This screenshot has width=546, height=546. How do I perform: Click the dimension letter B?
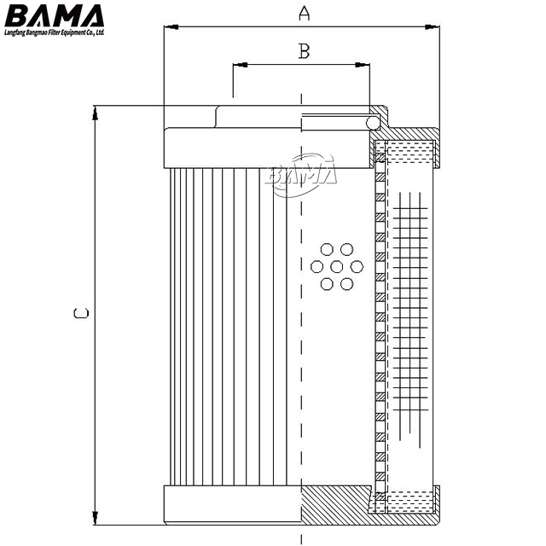[x=303, y=51]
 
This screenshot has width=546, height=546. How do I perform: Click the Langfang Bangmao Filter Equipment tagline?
[x=53, y=32]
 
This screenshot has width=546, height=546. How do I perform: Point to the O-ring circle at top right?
[x=373, y=124]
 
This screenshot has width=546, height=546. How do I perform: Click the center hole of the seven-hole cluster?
[x=336, y=266]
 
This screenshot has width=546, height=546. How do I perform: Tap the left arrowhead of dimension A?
[x=169, y=28]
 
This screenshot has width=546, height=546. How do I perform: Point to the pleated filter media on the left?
[x=222, y=324]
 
